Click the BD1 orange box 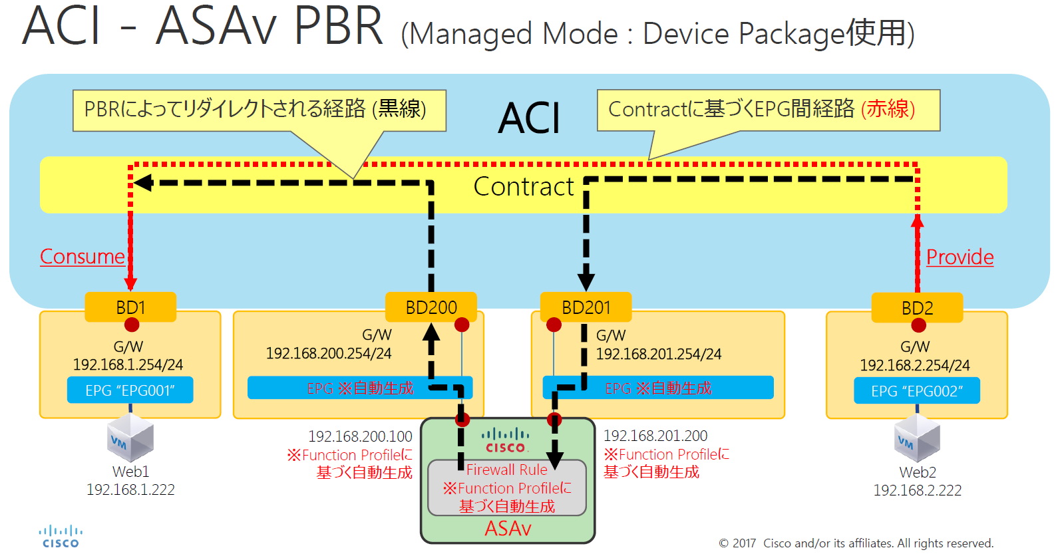click(130, 307)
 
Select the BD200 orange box click(431, 307)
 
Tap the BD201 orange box click(586, 307)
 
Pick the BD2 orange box click(917, 308)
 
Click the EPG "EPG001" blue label click(130, 390)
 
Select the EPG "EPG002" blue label click(916, 391)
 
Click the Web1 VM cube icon click(130, 438)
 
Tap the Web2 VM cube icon click(917, 438)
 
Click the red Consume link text click(83, 257)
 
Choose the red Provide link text click(960, 257)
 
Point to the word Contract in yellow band click(523, 187)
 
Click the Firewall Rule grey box click(507, 488)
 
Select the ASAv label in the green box click(508, 529)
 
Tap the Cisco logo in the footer click(61, 537)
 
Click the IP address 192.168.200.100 click(360, 436)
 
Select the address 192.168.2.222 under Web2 click(917, 490)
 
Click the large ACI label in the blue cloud click(529, 119)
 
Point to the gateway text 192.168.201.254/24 click(658, 354)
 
